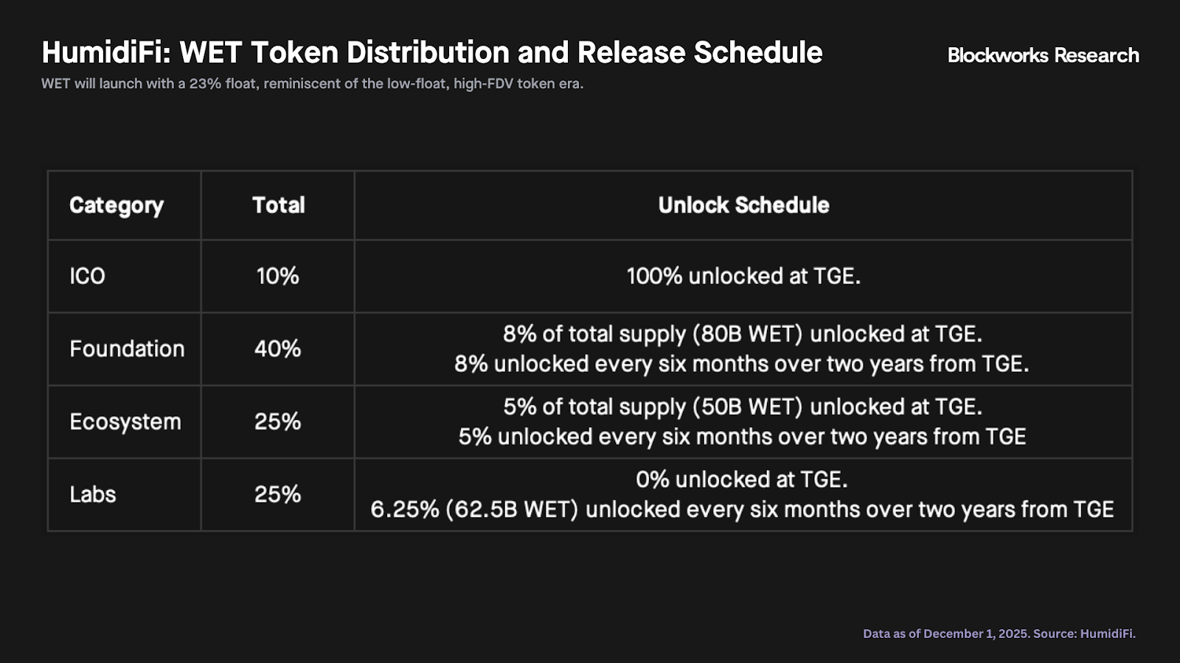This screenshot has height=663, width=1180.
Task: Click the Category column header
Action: coord(117,206)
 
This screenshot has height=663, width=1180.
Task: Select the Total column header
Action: coord(278,206)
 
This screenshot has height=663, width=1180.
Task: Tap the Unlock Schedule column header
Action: coord(743,206)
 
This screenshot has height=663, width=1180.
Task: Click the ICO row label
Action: coord(88,276)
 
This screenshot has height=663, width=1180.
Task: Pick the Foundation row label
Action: coord(127,349)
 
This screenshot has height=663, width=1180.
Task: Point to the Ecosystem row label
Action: coord(125,422)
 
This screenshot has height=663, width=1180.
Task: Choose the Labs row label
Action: coord(93,494)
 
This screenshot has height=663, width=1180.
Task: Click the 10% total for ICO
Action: coord(277,276)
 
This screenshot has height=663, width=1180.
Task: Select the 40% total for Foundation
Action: coord(277,349)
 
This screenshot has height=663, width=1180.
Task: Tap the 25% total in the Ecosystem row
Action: coord(277,421)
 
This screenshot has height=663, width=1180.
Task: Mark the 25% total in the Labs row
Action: coord(277,494)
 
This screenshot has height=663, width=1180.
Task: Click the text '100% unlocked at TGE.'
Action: coord(743,276)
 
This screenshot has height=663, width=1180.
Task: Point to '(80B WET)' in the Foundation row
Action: coord(748,334)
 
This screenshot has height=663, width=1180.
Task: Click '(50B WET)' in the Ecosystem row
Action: coord(748,407)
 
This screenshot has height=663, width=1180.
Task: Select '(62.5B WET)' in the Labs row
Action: coord(512,509)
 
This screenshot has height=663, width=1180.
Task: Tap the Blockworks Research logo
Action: coord(1043,55)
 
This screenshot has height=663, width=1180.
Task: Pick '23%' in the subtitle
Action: coord(205,84)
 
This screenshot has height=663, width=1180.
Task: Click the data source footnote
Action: coord(999,634)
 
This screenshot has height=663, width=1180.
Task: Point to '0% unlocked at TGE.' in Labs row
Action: coord(742,480)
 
